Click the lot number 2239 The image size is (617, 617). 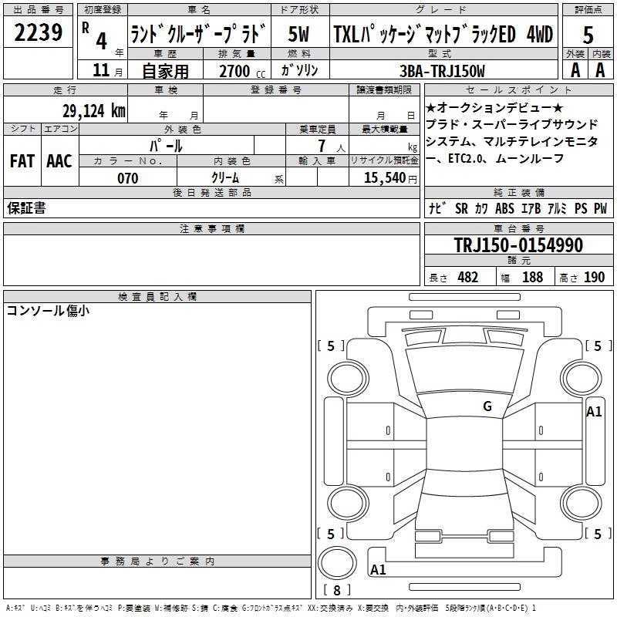pyautogui.click(x=38, y=32)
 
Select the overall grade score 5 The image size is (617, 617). pyautogui.click(x=588, y=35)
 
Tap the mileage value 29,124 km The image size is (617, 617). pyautogui.click(x=93, y=111)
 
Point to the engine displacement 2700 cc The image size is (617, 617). pyautogui.click(x=242, y=71)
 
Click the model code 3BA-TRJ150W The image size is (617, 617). pyautogui.click(x=442, y=71)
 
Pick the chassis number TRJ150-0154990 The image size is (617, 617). pyautogui.click(x=518, y=244)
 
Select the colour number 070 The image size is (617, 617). pyautogui.click(x=128, y=178)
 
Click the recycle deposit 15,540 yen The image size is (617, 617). pyautogui.click(x=390, y=178)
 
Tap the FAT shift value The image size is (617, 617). pyautogui.click(x=22, y=161)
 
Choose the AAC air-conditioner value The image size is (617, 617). pyautogui.click(x=59, y=161)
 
